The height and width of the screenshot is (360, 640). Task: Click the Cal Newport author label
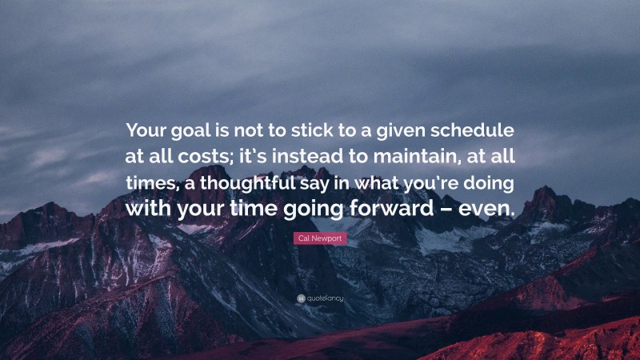click(x=320, y=238)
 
